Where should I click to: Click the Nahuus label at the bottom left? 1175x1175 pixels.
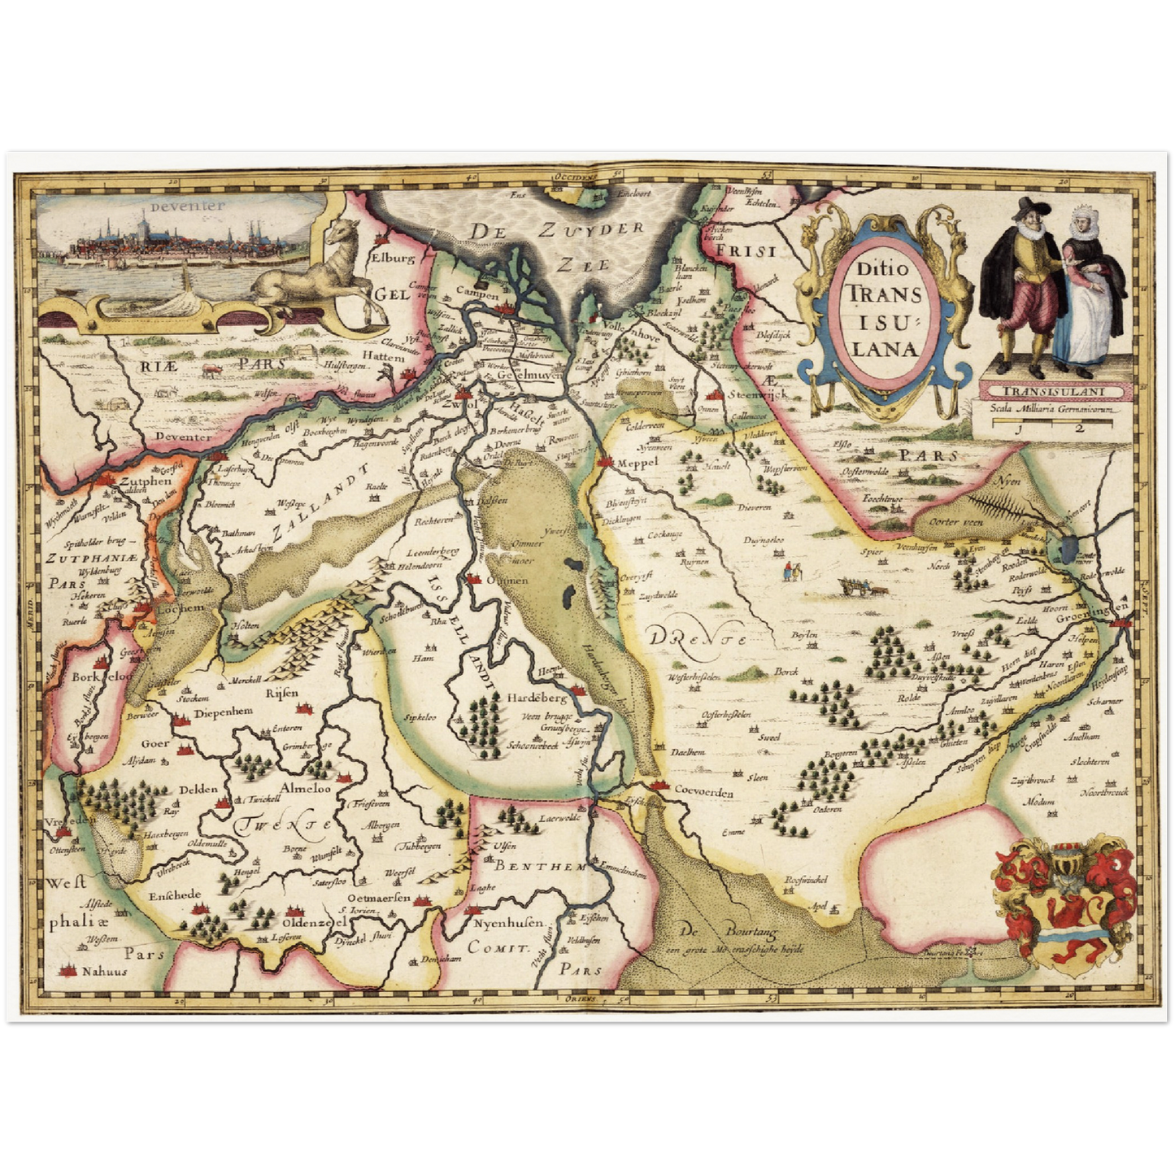pyautogui.click(x=105, y=971)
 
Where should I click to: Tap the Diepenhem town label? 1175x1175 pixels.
pyautogui.click(x=223, y=711)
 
